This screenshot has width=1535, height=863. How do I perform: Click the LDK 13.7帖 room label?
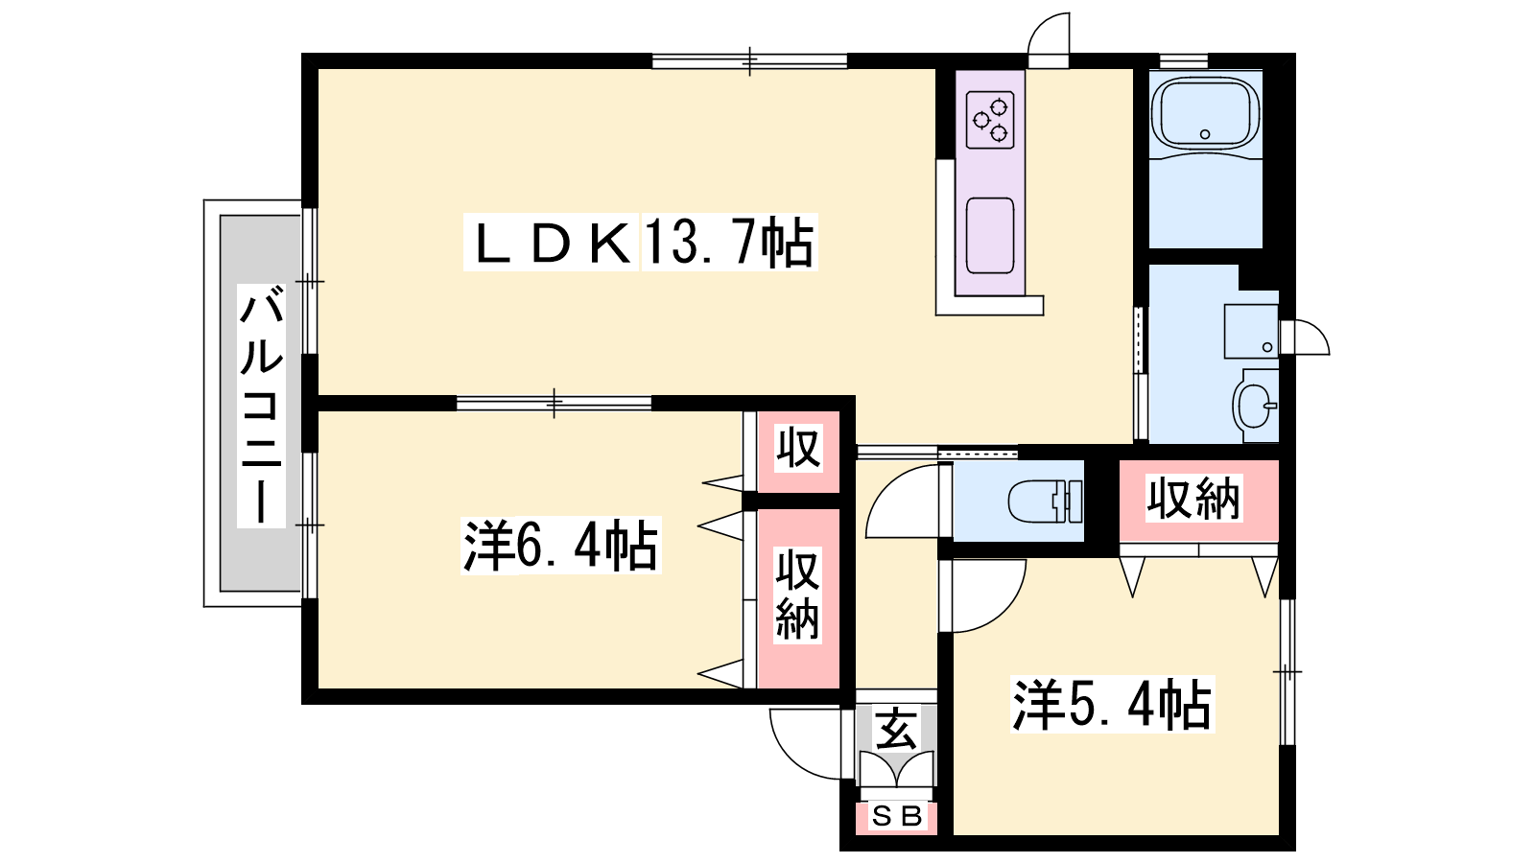click(641, 242)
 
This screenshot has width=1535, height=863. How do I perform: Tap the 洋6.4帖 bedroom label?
click(560, 546)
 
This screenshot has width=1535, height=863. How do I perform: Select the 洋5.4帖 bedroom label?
click(1112, 704)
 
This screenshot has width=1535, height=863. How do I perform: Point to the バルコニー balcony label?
click(261, 406)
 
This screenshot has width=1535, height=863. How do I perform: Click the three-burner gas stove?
click(990, 121)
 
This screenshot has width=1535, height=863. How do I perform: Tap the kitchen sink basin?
click(990, 236)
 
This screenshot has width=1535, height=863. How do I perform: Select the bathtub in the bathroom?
click(1205, 114)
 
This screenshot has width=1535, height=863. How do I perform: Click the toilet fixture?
click(1045, 501)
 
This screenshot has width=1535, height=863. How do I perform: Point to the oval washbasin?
click(1256, 406)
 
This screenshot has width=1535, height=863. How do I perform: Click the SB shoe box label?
click(896, 816)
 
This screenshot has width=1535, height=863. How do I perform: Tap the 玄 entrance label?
click(896, 730)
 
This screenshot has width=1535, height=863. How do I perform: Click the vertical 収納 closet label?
click(797, 595)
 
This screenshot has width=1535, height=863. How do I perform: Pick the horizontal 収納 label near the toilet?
click(1193, 499)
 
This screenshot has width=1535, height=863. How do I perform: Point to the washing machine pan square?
click(1251, 332)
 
